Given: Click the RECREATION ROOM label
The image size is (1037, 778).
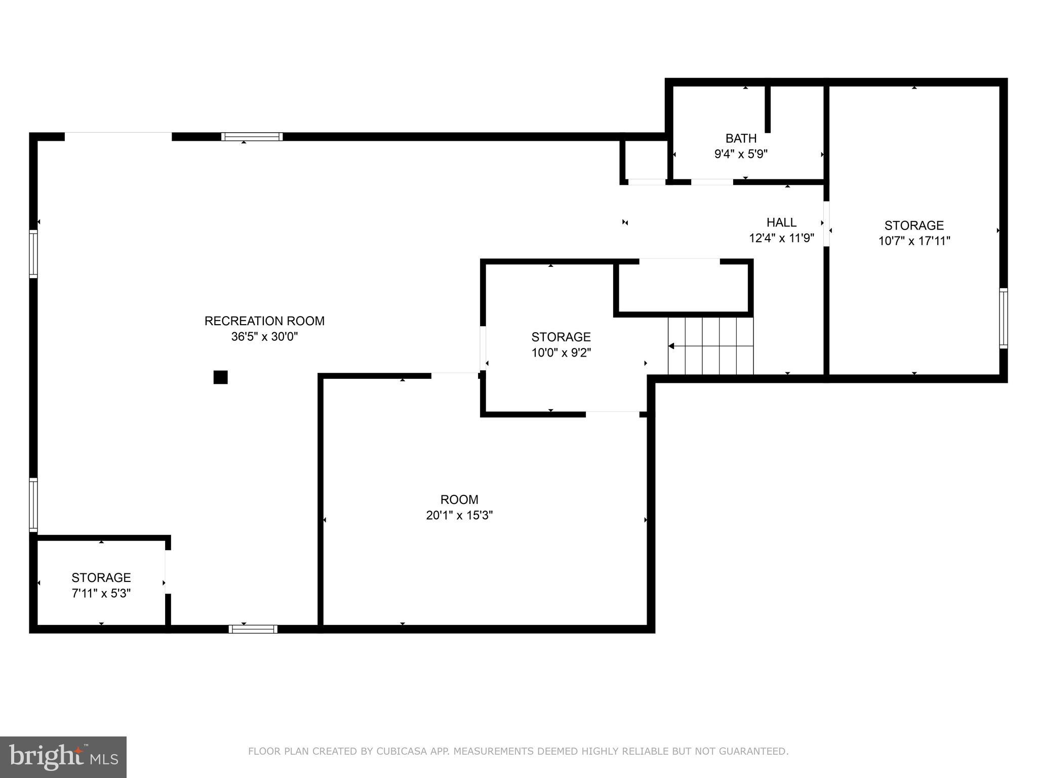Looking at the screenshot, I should pyautogui.click(x=264, y=321).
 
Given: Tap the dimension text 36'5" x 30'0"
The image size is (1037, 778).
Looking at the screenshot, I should pyautogui.click(x=264, y=337).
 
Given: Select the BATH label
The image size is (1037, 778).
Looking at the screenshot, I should pyautogui.click(x=741, y=138).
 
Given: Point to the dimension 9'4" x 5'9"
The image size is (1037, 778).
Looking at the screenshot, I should pyautogui.click(x=741, y=154).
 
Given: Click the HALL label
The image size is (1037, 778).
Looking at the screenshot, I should pyautogui.click(x=781, y=222).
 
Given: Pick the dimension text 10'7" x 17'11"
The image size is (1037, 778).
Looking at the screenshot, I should pyautogui.click(x=914, y=241).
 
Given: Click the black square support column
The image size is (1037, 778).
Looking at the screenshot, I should pyautogui.click(x=220, y=377).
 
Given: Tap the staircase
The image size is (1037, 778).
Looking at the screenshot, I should pyautogui.click(x=710, y=346).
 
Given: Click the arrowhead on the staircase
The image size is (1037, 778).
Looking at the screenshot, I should pyautogui.click(x=671, y=346).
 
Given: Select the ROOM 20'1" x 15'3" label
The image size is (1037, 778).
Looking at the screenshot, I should pyautogui.click(x=459, y=500).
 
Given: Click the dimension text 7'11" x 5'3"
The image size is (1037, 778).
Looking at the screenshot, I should pyautogui.click(x=101, y=593).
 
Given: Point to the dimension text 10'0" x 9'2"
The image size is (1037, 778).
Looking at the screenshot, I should pyautogui.click(x=561, y=353).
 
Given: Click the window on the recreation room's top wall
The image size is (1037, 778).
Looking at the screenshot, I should pyautogui.click(x=252, y=137).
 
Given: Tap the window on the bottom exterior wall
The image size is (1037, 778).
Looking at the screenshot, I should pyautogui.click(x=253, y=629).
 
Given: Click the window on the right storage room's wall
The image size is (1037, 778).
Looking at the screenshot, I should pyautogui.click(x=1003, y=318).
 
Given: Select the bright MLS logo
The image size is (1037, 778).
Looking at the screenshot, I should pyautogui.click(x=63, y=757).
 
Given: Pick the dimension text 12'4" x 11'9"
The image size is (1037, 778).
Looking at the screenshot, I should pyautogui.click(x=781, y=238).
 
